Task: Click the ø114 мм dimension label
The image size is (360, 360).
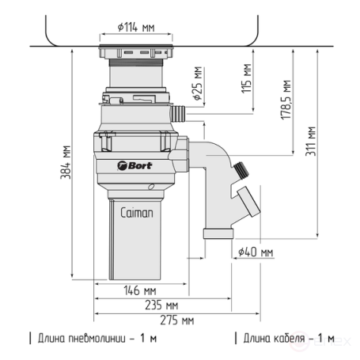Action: [x=135, y=28]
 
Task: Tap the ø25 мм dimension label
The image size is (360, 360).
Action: [x=196, y=84]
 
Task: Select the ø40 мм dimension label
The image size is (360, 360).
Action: [x=255, y=252]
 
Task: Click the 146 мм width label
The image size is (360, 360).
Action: [x=138, y=290]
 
